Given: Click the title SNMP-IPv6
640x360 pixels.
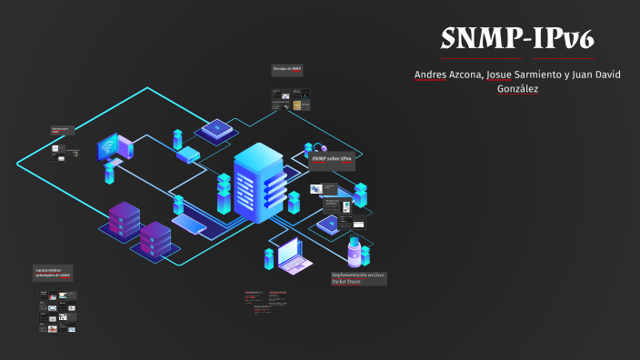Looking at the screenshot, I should [x=517, y=38].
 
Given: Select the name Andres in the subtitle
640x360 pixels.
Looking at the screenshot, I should [x=431, y=74].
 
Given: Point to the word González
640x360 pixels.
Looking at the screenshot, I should [x=517, y=88].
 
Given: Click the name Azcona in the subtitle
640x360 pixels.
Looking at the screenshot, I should [x=467, y=74].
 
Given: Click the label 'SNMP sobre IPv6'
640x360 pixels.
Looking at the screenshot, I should [x=332, y=159].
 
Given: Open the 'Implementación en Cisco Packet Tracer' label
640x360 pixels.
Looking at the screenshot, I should [x=358, y=278].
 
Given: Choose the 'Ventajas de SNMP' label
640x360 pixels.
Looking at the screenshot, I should [x=286, y=70].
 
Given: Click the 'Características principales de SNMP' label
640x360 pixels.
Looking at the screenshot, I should [x=53, y=273].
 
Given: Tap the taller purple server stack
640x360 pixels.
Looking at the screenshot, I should [x=124, y=220].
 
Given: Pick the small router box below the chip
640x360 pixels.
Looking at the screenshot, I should [x=188, y=155].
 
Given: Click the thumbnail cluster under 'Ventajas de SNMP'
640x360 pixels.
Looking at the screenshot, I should [x=291, y=99].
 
